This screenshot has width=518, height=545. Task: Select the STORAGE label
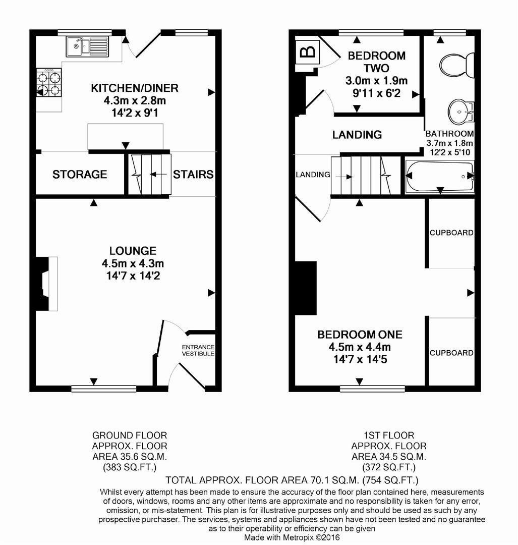(80, 175)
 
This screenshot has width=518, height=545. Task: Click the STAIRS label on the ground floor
(193, 175)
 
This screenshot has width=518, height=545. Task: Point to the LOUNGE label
(133, 251)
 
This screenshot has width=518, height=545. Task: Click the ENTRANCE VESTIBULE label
(198, 351)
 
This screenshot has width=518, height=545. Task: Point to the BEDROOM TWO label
(377, 61)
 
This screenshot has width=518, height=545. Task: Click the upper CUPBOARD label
(451, 233)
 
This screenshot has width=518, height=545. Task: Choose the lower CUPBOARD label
(451, 353)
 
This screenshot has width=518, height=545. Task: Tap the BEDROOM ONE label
(360, 335)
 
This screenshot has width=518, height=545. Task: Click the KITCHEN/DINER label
(134, 88)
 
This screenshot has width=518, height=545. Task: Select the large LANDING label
(357, 135)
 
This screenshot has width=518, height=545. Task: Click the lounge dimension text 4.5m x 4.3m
(133, 263)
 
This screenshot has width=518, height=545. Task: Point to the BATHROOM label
(449, 134)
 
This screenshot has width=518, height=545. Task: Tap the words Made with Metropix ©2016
(292, 537)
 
